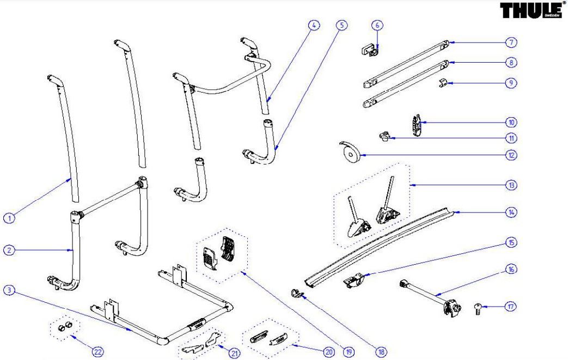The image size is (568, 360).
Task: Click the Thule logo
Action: coord(533,10)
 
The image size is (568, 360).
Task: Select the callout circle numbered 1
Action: coord(9,218)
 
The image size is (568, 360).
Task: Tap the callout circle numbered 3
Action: coord(9,290)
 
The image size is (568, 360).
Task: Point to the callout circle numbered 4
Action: coord(314,25)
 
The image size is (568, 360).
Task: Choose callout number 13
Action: coord(511,185)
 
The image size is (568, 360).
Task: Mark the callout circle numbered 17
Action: coord(510,307)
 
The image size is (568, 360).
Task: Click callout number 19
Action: coord(349,352)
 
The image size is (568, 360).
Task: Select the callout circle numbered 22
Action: coord(97,352)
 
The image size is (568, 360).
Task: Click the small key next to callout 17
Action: coord(478,309)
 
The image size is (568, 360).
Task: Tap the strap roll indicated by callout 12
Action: coord(351,152)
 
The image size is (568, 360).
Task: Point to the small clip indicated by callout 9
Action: coord(443,84)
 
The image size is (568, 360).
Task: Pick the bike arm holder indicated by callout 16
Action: coord(431,298)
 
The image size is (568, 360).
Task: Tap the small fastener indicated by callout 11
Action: coord(384,137)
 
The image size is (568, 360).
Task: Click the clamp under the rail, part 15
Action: coord(353,280)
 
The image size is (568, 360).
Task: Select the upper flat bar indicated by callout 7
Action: coord(406,64)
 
